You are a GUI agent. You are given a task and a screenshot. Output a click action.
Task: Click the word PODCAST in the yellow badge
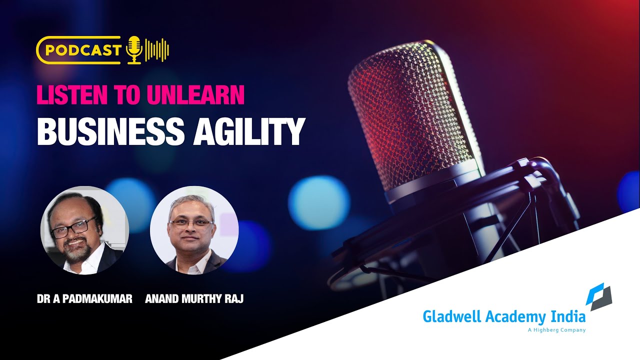pyautogui.click(x=83, y=50)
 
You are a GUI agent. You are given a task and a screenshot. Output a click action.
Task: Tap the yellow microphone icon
pyautogui.click(x=133, y=50)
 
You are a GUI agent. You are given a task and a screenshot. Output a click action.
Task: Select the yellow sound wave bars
pyautogui.click(x=157, y=50)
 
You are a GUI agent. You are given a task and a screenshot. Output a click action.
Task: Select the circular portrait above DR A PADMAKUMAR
pyautogui.click(x=84, y=230)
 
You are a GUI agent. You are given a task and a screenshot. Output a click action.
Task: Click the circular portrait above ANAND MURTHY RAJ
pyautogui.click(x=194, y=230)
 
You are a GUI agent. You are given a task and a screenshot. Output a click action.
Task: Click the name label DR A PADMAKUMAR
pyautogui.click(x=84, y=299)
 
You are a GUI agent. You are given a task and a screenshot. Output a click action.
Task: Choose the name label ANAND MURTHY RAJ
pyautogui.click(x=194, y=299)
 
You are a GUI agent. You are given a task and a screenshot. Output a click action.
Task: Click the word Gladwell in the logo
pyautogui.click(x=446, y=317)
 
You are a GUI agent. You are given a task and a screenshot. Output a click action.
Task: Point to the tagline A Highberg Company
pyautogui.click(x=556, y=330)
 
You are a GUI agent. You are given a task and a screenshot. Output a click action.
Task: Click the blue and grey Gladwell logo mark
pyautogui.click(x=599, y=296)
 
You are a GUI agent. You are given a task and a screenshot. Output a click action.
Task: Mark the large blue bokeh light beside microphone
pyautogui.click(x=312, y=195)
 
